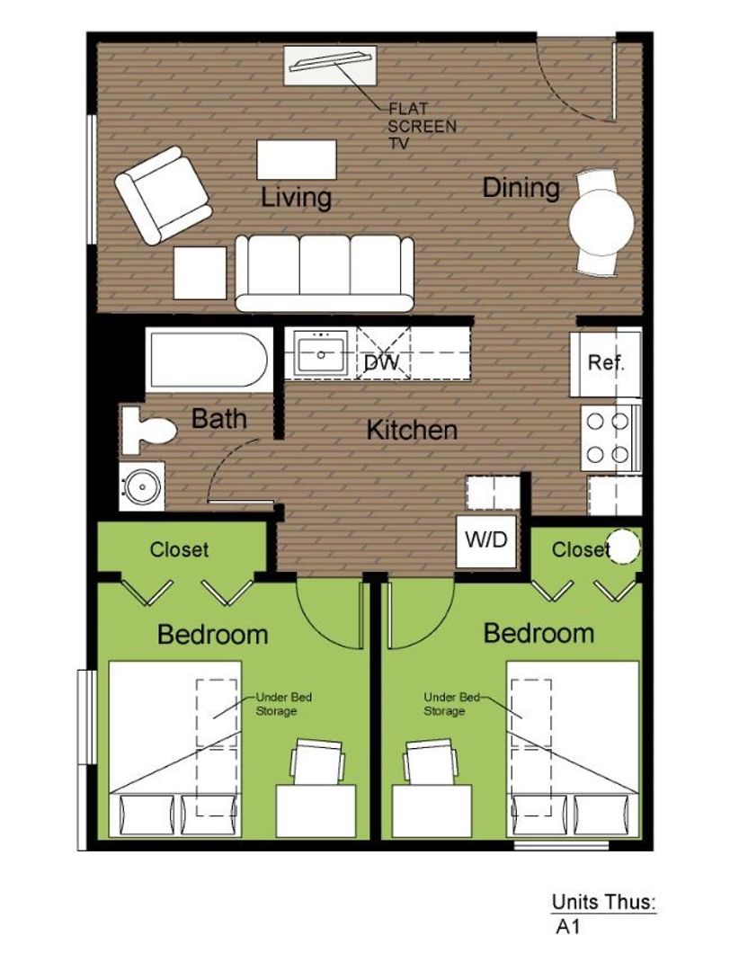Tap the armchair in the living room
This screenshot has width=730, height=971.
(163, 195)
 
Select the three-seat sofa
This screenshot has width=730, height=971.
(325, 272)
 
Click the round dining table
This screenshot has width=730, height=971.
(601, 221)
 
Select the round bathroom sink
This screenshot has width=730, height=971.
(142, 486)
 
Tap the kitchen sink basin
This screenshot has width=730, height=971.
(321, 353)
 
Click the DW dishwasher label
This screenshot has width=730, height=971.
(381, 362)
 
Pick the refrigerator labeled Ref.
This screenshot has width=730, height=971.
(606, 363)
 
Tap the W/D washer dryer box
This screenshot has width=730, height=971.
(486, 540)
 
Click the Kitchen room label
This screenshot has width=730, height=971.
(412, 430)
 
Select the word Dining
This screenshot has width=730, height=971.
(521, 188)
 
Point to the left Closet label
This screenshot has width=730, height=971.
(179, 549)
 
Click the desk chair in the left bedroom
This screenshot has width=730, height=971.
(317, 762)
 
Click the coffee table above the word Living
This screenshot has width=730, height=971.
(297, 160)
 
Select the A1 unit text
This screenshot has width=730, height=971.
(568, 927)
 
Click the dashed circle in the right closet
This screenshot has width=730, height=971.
(623, 547)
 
